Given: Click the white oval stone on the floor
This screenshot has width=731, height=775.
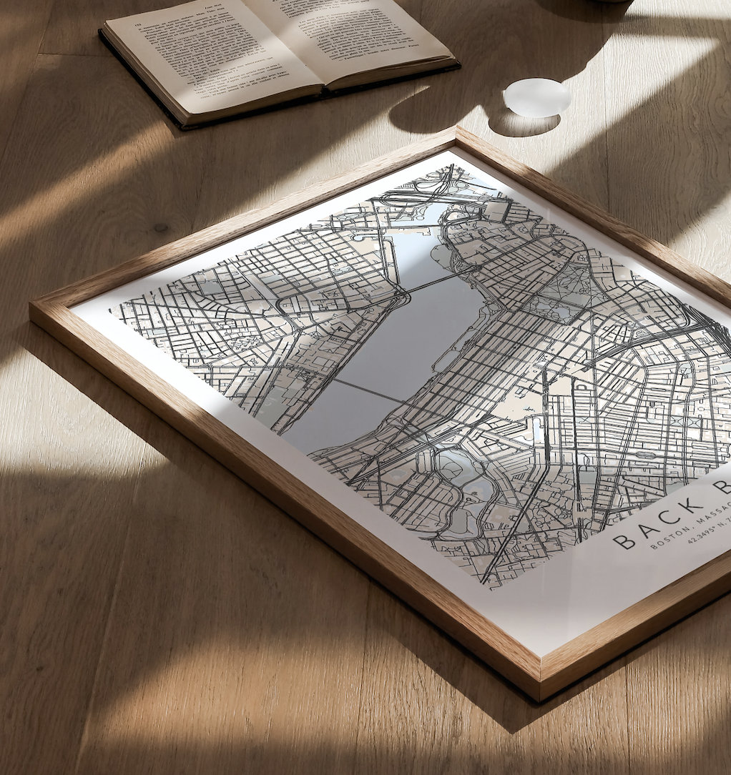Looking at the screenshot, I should pyautogui.click(x=536, y=98).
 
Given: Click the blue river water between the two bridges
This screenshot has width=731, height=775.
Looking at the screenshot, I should pyautogui.click(x=401, y=336).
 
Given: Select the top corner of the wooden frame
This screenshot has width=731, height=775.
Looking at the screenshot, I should pyautogui.click(x=456, y=130).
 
